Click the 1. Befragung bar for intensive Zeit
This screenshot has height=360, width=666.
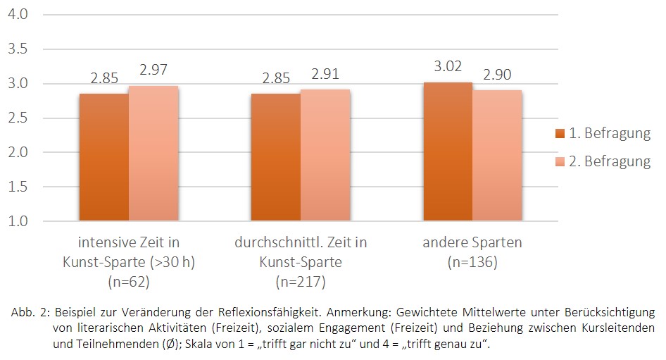click(x=104, y=157)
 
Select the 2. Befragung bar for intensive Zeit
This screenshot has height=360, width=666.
click(x=153, y=154)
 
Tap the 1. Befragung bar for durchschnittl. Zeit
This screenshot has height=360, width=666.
click(x=276, y=157)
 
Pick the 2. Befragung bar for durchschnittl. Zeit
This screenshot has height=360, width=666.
click(x=325, y=155)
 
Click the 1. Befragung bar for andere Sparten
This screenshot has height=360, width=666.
click(x=448, y=151)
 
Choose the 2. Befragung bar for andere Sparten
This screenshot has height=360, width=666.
click(x=497, y=156)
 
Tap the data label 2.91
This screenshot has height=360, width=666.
click(x=325, y=75)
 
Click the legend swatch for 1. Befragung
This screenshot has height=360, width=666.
click(x=560, y=134)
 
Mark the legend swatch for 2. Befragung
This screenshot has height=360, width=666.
click(x=560, y=161)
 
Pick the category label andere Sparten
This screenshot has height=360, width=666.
click(x=472, y=243)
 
